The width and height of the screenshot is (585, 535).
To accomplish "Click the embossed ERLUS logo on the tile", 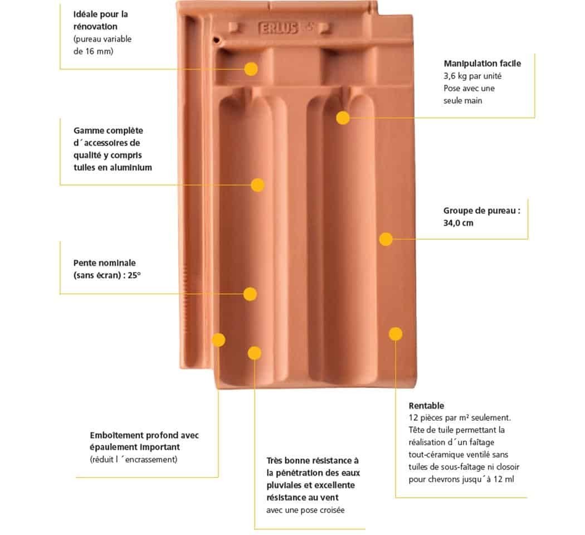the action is point(279,28).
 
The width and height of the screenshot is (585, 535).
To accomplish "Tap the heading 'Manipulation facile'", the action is point(482,64).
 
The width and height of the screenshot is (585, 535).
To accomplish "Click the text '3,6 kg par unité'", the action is point(472,76).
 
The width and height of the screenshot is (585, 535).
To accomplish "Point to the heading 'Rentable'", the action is point(426,406).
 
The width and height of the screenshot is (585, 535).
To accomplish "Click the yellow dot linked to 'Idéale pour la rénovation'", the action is point(251,69).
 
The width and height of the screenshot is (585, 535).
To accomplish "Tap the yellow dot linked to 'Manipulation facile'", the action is point(343,118).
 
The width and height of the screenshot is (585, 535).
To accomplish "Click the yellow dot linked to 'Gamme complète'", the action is point(258,185).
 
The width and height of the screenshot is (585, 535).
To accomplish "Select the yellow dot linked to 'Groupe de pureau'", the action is point(386,239).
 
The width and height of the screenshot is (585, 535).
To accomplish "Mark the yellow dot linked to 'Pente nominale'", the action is point(250,294).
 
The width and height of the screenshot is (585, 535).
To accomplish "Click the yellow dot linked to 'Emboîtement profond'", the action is point(218,340).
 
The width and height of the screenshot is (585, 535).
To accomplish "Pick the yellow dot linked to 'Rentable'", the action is point(396,334).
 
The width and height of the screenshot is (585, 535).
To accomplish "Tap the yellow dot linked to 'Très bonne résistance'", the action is point(255,353).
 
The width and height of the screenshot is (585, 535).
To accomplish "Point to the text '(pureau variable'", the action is point(103,39).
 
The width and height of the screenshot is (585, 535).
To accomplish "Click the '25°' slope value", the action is point(134,275).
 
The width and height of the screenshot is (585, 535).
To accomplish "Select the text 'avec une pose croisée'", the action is point(305,510).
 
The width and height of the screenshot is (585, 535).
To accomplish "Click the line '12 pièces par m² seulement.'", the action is point(460,418).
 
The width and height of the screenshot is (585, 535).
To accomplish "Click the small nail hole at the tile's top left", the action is point(216,39).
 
